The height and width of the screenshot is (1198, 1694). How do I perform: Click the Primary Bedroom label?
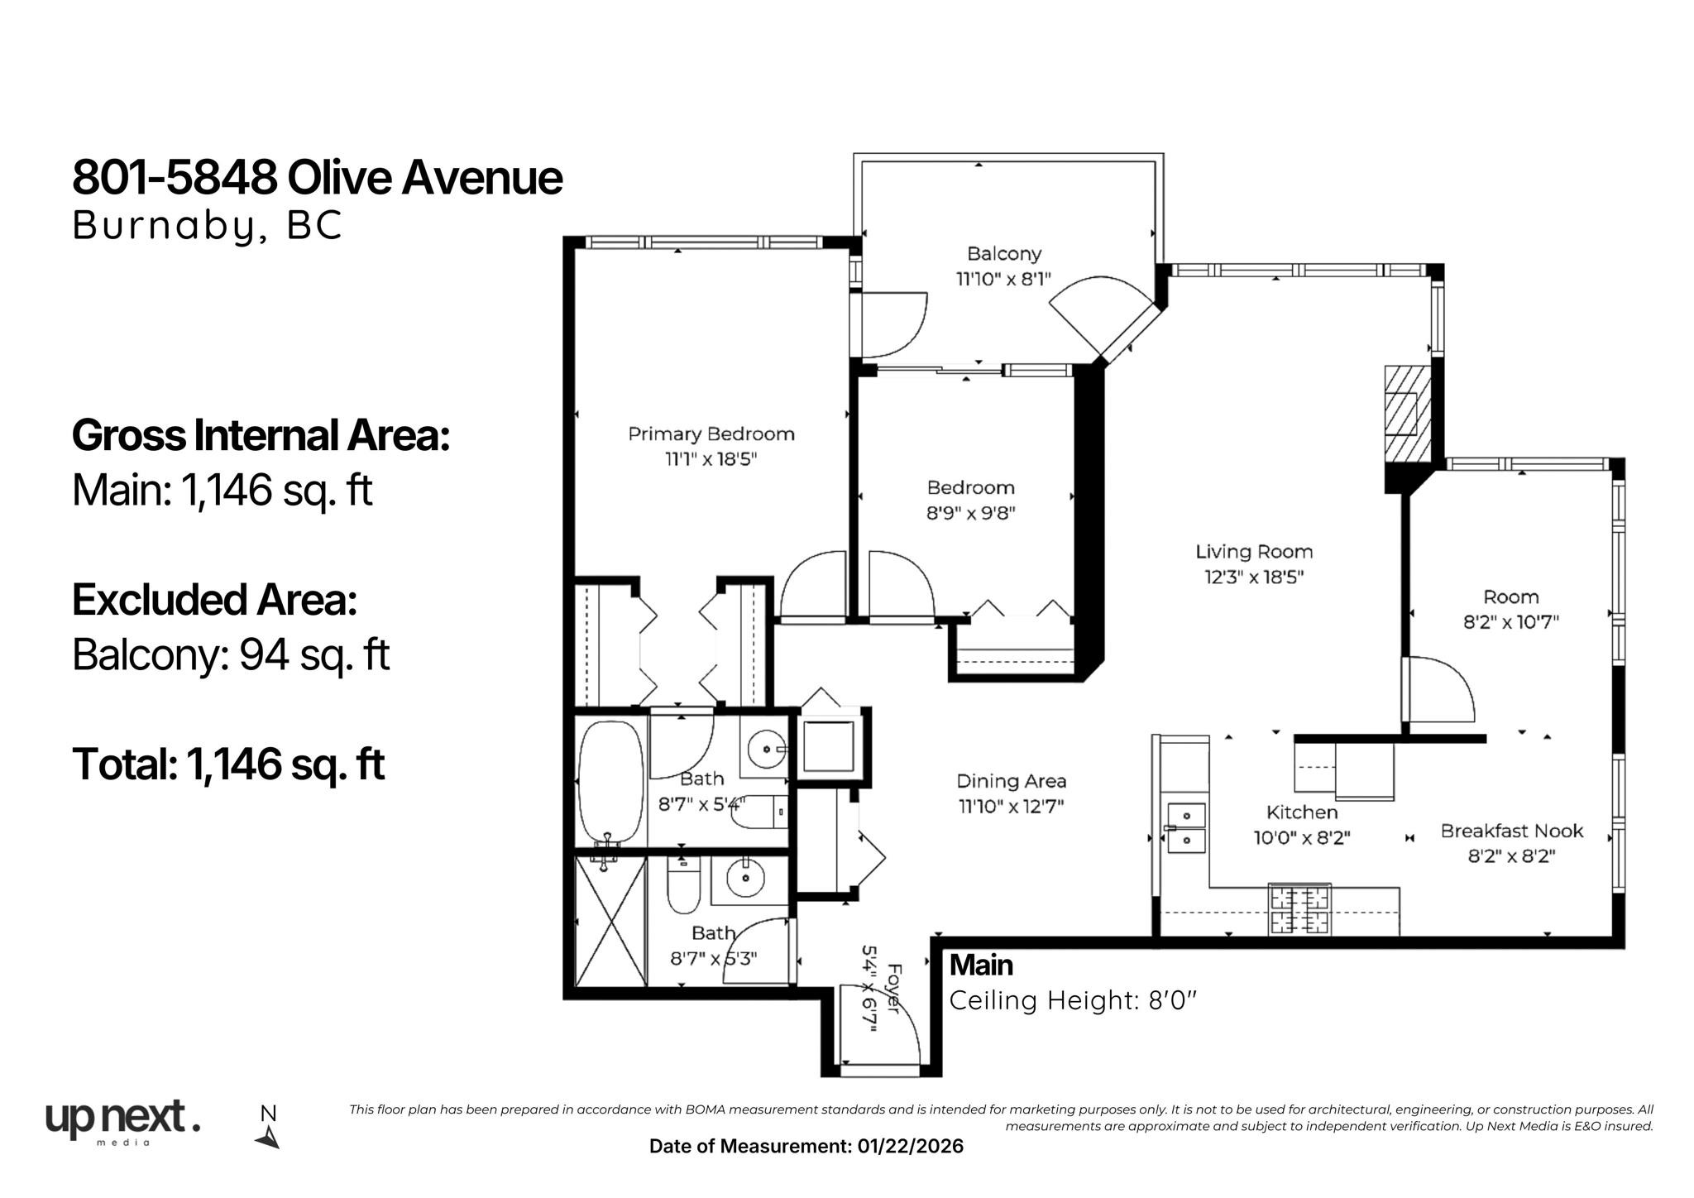[x=711, y=434]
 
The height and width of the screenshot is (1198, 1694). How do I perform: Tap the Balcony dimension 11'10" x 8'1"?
[x=1003, y=279]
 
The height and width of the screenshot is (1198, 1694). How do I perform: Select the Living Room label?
[x=1254, y=552]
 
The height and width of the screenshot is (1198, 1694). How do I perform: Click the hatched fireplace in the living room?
[x=1408, y=413]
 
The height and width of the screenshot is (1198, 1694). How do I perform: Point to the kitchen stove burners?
[x=1300, y=908]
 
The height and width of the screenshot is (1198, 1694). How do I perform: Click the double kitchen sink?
[x=1184, y=828]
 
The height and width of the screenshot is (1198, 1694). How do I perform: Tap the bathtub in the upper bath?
[x=610, y=782]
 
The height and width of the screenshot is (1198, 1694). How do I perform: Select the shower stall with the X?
[x=610, y=921]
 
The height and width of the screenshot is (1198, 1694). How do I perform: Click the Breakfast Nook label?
[x=1511, y=831]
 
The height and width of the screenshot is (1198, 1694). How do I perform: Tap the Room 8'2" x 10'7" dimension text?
[x=1510, y=622]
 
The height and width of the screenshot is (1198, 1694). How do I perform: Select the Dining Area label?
[x=1011, y=781]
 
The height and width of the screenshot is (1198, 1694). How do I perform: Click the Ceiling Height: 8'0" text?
[x=1073, y=1001]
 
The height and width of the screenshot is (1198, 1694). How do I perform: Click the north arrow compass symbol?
[x=268, y=1129]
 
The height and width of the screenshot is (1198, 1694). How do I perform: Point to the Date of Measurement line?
[x=806, y=1146]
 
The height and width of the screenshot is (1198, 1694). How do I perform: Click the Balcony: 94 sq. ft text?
[x=231, y=655]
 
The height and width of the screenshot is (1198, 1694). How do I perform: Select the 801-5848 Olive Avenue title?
[x=318, y=177]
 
